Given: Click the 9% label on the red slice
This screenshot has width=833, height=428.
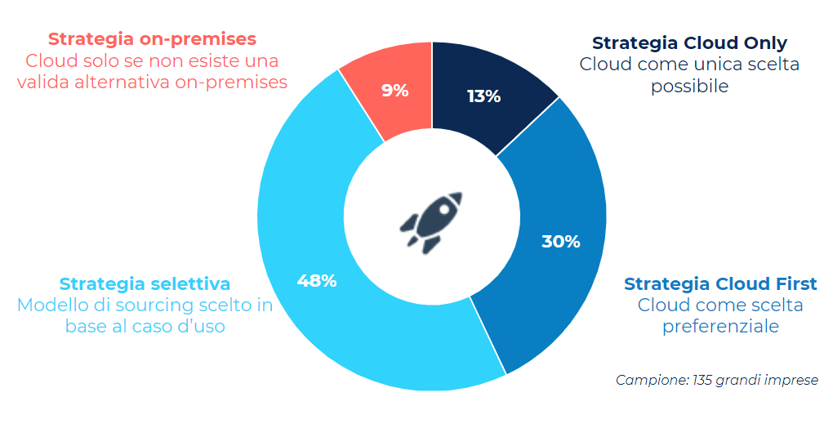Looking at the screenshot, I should click(x=395, y=91).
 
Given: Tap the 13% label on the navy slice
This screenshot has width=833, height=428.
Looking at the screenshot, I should click(x=483, y=96).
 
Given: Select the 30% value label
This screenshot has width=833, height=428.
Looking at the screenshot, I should click(x=561, y=242).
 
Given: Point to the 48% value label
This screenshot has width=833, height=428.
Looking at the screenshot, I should click(x=317, y=281).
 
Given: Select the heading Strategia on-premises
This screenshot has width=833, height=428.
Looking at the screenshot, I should click(x=152, y=38).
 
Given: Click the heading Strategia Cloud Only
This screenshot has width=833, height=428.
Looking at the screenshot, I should click(x=689, y=42).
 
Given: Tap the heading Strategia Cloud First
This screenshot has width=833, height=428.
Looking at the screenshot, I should click(x=720, y=284).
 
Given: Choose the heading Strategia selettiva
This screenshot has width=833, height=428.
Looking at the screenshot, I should click(x=145, y=284).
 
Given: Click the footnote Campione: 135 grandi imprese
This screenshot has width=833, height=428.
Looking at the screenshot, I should click(x=716, y=380).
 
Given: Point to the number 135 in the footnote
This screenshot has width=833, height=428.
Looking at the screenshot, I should click(x=702, y=380).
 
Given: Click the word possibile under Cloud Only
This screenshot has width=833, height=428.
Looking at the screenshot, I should click(x=689, y=86).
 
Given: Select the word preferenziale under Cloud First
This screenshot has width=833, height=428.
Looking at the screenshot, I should click(x=720, y=327).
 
